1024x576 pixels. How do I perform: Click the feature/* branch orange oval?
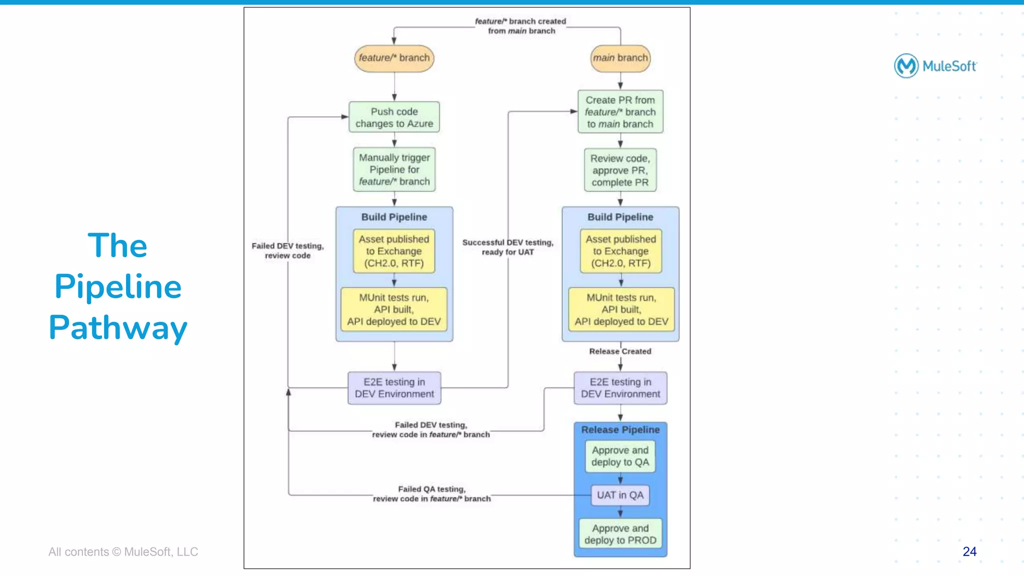(x=394, y=58)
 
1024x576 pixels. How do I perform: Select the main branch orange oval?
(x=620, y=58)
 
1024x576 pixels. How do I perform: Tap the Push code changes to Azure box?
(x=394, y=117)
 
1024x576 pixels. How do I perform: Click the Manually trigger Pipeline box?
(x=394, y=169)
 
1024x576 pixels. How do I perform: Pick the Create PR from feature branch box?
(x=620, y=112)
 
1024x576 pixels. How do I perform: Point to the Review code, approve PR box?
(x=620, y=170)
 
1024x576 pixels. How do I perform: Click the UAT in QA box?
(x=620, y=495)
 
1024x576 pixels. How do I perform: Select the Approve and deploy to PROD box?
(x=620, y=534)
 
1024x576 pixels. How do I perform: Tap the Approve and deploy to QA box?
(x=620, y=456)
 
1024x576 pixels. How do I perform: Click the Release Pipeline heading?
(x=620, y=430)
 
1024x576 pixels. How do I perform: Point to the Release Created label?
(x=620, y=351)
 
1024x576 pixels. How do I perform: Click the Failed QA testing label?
(x=431, y=494)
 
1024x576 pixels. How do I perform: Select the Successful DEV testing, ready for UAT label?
(x=507, y=247)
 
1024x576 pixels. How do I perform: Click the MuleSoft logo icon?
(x=906, y=66)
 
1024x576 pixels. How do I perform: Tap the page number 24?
(x=969, y=552)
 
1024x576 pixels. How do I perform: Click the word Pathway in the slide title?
(x=118, y=328)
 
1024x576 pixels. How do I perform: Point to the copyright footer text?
(x=123, y=552)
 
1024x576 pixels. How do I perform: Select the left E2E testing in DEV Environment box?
(x=394, y=388)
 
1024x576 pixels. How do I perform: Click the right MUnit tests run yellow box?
(x=621, y=309)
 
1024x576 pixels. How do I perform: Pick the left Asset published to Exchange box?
(x=394, y=251)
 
